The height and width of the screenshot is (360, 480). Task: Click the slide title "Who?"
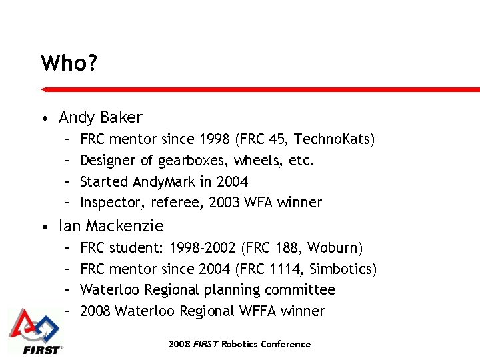[69, 63]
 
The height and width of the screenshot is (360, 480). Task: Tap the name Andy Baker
[101, 118]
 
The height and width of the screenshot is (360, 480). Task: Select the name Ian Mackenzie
[111, 226]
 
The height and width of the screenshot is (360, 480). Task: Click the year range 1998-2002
[203, 248]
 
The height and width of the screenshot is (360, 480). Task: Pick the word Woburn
[334, 248]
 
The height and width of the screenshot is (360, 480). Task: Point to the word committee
[300, 290]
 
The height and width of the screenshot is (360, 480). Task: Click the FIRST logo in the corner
[36, 331]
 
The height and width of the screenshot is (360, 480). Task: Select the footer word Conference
[285, 345]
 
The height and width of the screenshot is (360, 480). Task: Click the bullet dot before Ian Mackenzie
[43, 227]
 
